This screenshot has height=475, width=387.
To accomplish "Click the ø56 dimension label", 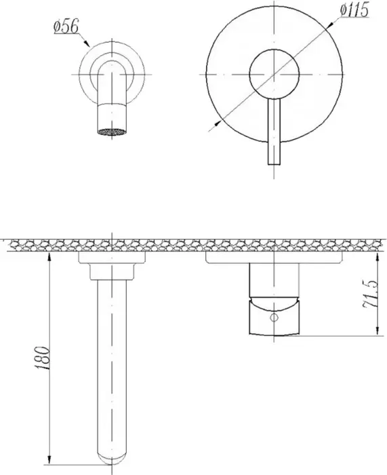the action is tap(66, 27).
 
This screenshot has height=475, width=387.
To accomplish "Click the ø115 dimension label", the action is tap(354, 10).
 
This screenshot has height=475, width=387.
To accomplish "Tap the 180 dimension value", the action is tap(43, 358).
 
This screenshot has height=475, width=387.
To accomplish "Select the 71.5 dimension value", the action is tap(370, 294).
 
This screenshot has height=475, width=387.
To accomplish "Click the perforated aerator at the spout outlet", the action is tap(112, 132).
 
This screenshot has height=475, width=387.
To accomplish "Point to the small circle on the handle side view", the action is tap(274, 318).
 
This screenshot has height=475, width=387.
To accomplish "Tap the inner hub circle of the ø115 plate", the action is tap(274, 74).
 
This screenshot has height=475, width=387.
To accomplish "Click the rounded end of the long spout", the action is tap(112, 458).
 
